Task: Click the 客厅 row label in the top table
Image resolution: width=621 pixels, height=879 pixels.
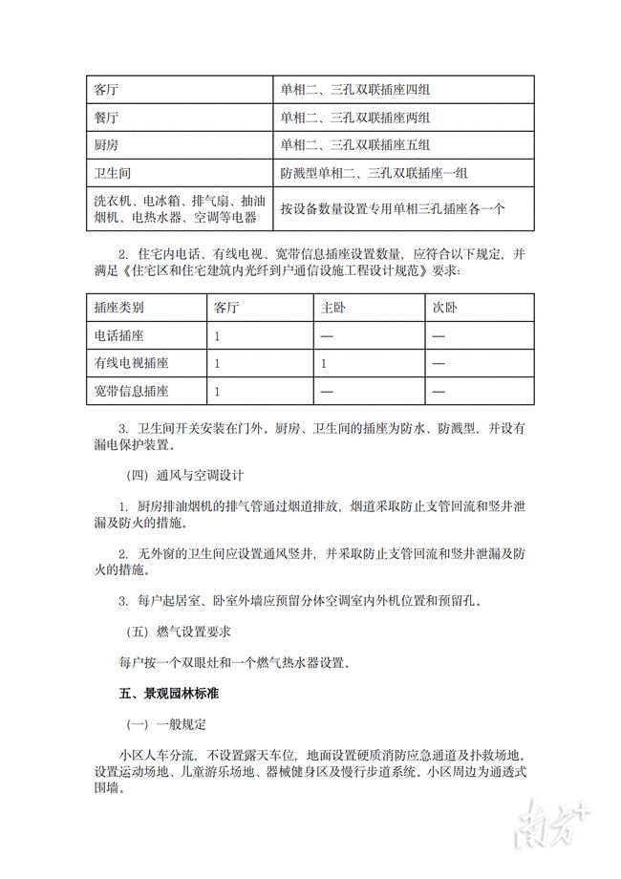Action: [106, 91]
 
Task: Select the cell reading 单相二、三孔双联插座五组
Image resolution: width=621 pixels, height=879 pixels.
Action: [354, 145]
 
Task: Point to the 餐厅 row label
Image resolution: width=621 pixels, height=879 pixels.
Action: [106, 118]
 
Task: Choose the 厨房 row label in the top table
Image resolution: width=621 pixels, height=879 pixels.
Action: [106, 145]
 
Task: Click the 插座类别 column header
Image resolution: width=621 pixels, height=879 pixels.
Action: [118, 309]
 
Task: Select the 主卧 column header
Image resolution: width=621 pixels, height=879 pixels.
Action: [332, 309]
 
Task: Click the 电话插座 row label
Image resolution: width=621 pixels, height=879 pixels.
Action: [118, 336]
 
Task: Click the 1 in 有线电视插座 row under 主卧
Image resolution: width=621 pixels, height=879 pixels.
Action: [325, 364]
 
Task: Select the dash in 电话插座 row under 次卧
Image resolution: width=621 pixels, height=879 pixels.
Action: [439, 336]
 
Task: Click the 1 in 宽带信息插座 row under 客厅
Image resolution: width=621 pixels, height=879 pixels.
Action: [218, 391]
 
